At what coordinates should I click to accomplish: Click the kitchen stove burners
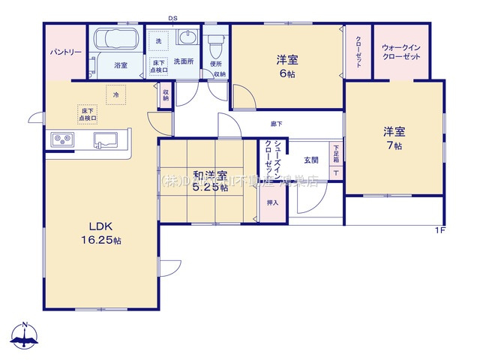tap(61, 140)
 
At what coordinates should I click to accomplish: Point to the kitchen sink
tap(104, 140)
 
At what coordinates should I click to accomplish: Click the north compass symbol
tap(25, 337)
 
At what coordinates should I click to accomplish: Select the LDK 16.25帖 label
tap(100, 233)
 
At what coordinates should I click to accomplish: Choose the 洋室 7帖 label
tap(394, 138)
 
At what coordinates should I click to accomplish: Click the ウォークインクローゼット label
tap(401, 52)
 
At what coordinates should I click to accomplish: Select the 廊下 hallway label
tap(277, 124)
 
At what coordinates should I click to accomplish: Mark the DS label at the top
tap(172, 17)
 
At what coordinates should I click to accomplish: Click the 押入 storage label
tap(272, 202)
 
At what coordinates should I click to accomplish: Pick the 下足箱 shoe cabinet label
tap(336, 154)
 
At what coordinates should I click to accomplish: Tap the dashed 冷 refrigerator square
tap(115, 95)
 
